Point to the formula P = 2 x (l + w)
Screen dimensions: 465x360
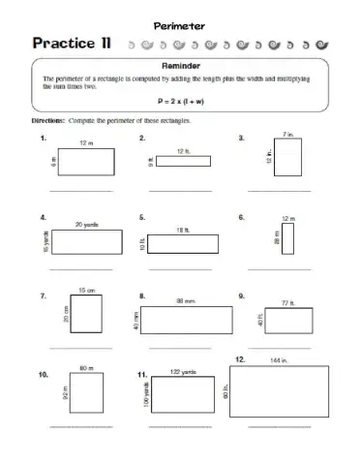click(180, 100)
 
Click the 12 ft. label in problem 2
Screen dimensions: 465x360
click(184, 151)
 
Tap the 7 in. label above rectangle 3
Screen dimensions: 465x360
click(287, 134)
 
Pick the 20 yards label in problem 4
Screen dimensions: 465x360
click(86, 224)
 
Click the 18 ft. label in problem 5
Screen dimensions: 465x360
click(183, 229)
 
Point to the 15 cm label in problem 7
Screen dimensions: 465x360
click(86, 290)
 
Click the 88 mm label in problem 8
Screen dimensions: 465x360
click(186, 301)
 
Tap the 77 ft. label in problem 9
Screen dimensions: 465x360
click(287, 303)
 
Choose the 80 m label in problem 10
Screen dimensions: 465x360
click(84, 368)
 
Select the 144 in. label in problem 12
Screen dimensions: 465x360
click(281, 361)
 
